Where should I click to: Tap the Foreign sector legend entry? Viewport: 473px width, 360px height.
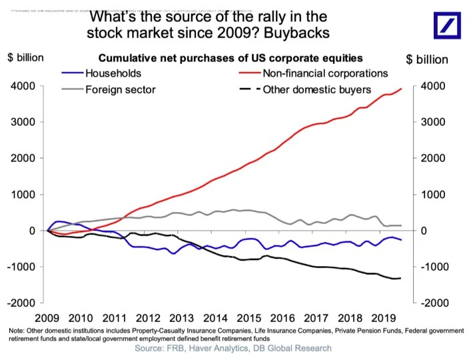click(117, 89)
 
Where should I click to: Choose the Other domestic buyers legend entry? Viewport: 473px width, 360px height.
click(316, 89)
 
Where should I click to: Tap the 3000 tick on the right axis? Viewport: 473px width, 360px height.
click(432, 123)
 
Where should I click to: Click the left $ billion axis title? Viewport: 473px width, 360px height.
click(26, 58)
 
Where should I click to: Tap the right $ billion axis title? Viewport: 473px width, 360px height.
click(427, 59)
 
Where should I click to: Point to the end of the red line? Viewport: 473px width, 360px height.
click(402, 89)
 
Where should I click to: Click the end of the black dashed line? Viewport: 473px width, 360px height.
click(400, 278)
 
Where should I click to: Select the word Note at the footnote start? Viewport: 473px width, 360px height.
click(19, 331)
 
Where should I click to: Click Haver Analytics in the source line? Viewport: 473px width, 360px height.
click(225, 348)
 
